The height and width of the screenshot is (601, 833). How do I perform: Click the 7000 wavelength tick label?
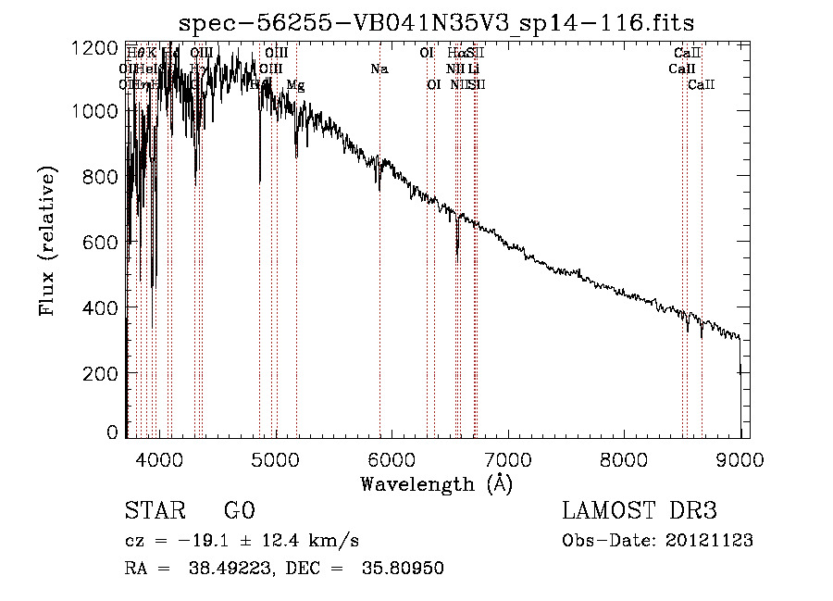click(507, 458)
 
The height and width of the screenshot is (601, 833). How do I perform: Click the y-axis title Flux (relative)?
click(46, 242)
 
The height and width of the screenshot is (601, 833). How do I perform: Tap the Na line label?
click(379, 69)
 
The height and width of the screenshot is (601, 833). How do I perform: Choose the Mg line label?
click(295, 85)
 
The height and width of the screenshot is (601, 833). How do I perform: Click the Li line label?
click(473, 69)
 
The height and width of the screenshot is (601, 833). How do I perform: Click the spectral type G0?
click(239, 511)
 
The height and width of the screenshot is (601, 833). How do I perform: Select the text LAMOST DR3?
click(640, 511)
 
